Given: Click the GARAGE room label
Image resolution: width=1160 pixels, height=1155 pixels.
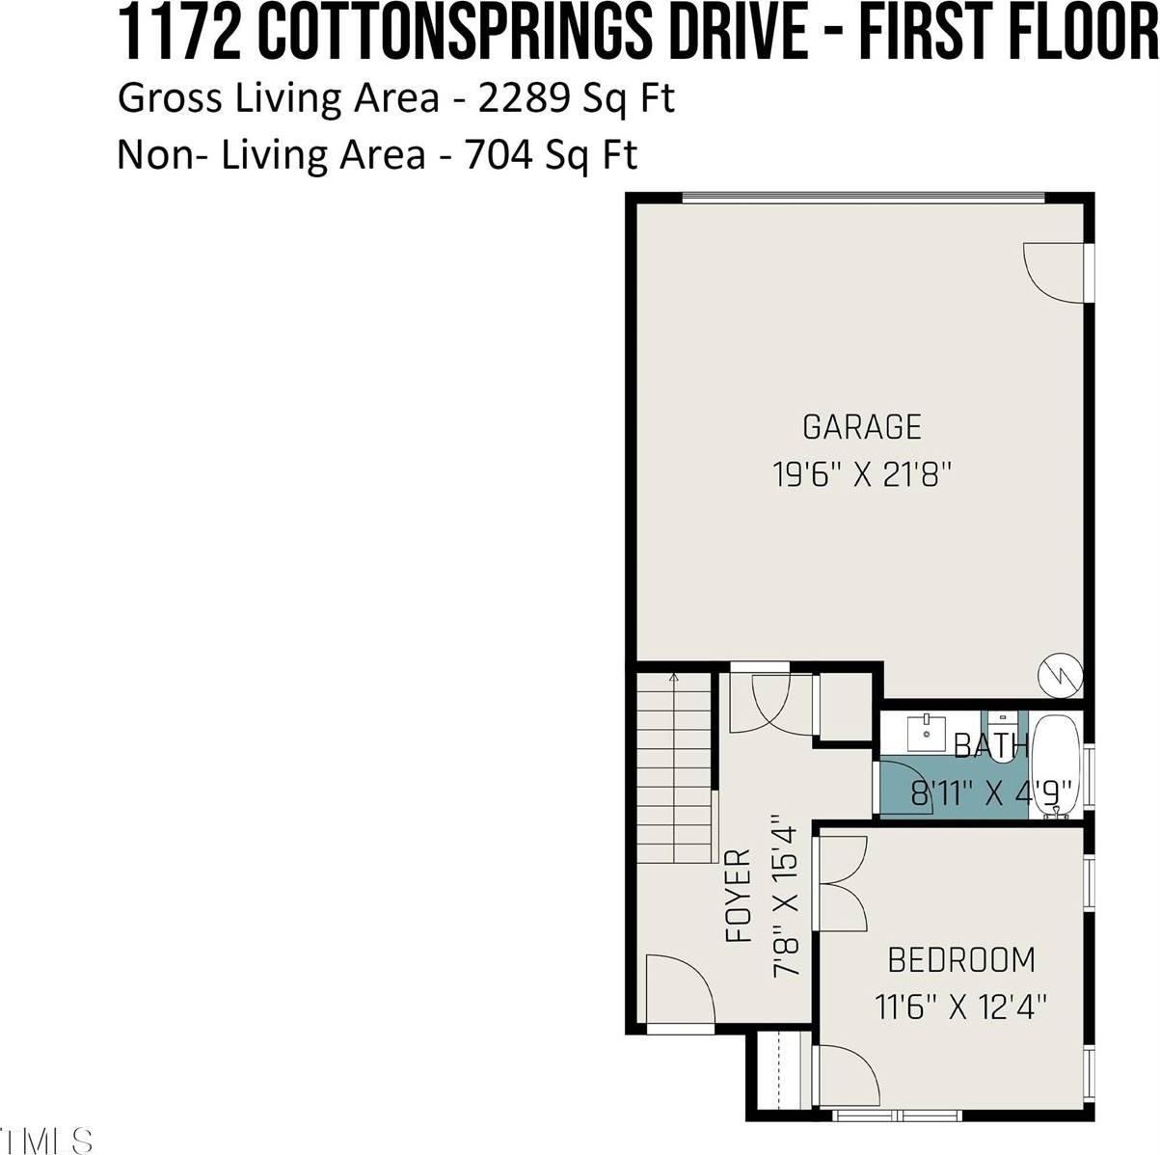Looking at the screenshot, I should pyautogui.click(x=861, y=426).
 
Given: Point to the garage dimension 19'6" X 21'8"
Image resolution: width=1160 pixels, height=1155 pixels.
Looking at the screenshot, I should pyautogui.click(x=862, y=474).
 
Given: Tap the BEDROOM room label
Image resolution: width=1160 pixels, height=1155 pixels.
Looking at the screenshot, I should pyautogui.click(x=960, y=960).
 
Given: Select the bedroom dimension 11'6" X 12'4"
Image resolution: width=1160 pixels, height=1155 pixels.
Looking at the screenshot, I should pyautogui.click(x=960, y=1007).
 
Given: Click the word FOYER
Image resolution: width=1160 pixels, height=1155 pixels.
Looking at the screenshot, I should pyautogui.click(x=739, y=896).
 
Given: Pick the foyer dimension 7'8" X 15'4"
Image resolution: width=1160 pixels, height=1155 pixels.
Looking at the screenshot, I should pyautogui.click(x=787, y=896).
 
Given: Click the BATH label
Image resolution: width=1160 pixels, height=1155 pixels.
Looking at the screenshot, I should pyautogui.click(x=990, y=745).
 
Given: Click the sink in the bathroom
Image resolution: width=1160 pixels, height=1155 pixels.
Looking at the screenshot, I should pyautogui.click(x=927, y=733).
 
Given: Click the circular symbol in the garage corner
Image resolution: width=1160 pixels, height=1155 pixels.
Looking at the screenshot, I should pyautogui.click(x=1060, y=674).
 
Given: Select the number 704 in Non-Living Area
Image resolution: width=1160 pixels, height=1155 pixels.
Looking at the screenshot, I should pyautogui.click(x=500, y=154).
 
